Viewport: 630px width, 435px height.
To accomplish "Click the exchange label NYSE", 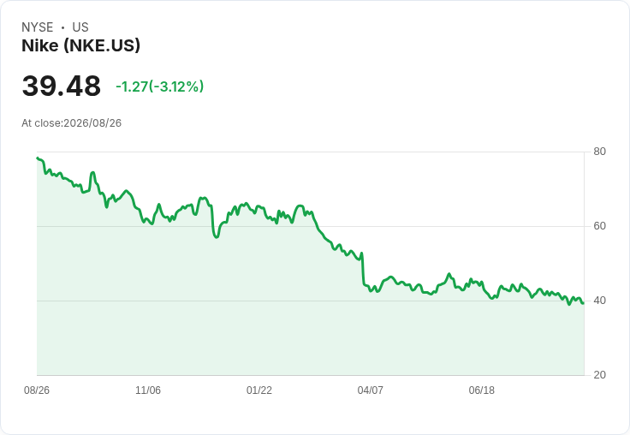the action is tap(38, 27).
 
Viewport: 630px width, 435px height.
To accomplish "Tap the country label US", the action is tap(80, 27).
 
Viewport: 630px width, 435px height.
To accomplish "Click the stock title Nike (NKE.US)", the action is tap(80, 45).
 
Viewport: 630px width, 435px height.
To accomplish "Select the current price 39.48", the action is tap(61, 86).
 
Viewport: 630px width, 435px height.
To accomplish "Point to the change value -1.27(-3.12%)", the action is tap(159, 86).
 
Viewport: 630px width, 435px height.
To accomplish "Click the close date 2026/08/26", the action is tap(92, 123).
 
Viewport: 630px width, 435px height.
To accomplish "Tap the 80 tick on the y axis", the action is tap(599, 152).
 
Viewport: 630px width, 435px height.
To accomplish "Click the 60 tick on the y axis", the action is tap(599, 226).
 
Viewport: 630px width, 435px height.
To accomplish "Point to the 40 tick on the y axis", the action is tap(599, 301).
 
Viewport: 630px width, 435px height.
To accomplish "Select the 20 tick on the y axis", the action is tap(599, 375).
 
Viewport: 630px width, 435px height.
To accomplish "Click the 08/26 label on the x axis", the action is tap(37, 390).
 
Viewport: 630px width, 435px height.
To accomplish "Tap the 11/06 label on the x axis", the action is tap(148, 390).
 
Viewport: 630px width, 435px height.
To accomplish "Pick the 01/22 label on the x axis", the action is tap(259, 390).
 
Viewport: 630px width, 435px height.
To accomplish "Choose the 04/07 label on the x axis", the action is tap(370, 390).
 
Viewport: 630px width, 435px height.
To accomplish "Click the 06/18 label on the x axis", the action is tap(481, 390).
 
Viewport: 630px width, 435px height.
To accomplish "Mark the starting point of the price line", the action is tap(37, 158).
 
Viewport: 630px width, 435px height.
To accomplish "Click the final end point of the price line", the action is tap(583, 303).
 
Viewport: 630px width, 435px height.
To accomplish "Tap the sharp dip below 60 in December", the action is tap(217, 237).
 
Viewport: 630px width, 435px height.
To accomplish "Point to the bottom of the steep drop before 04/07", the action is tap(364, 284).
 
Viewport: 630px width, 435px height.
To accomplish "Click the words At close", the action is tap(41, 123).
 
